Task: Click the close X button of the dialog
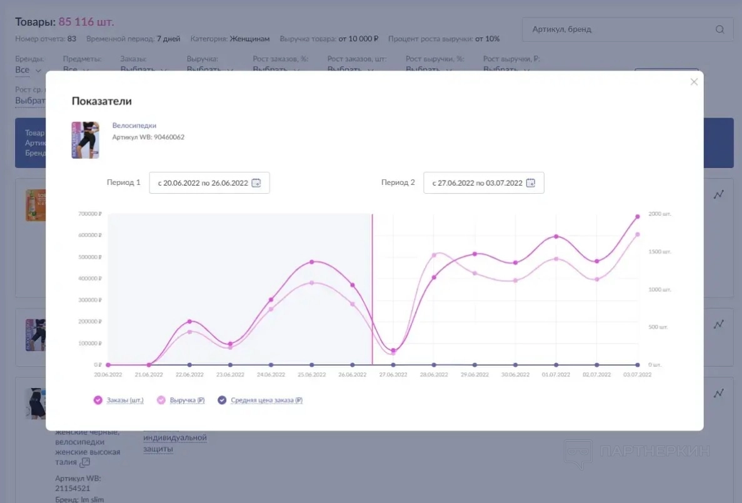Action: coord(694,82)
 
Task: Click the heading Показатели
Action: coord(101,101)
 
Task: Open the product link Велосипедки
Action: coord(134,126)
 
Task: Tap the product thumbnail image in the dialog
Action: coord(85,140)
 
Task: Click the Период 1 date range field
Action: coord(209,183)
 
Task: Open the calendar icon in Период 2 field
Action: coord(531,183)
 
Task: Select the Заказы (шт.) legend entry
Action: coord(118,401)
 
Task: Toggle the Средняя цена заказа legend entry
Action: coord(260,401)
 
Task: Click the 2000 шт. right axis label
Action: coord(659,214)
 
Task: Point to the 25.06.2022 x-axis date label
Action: coord(311,375)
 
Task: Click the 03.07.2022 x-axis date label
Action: coord(638,375)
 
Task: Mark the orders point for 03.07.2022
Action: coord(638,217)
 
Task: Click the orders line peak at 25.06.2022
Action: coord(311,262)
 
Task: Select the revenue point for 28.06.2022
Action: coord(434,255)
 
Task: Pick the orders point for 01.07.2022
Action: coord(556,237)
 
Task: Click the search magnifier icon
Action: coord(719,29)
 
